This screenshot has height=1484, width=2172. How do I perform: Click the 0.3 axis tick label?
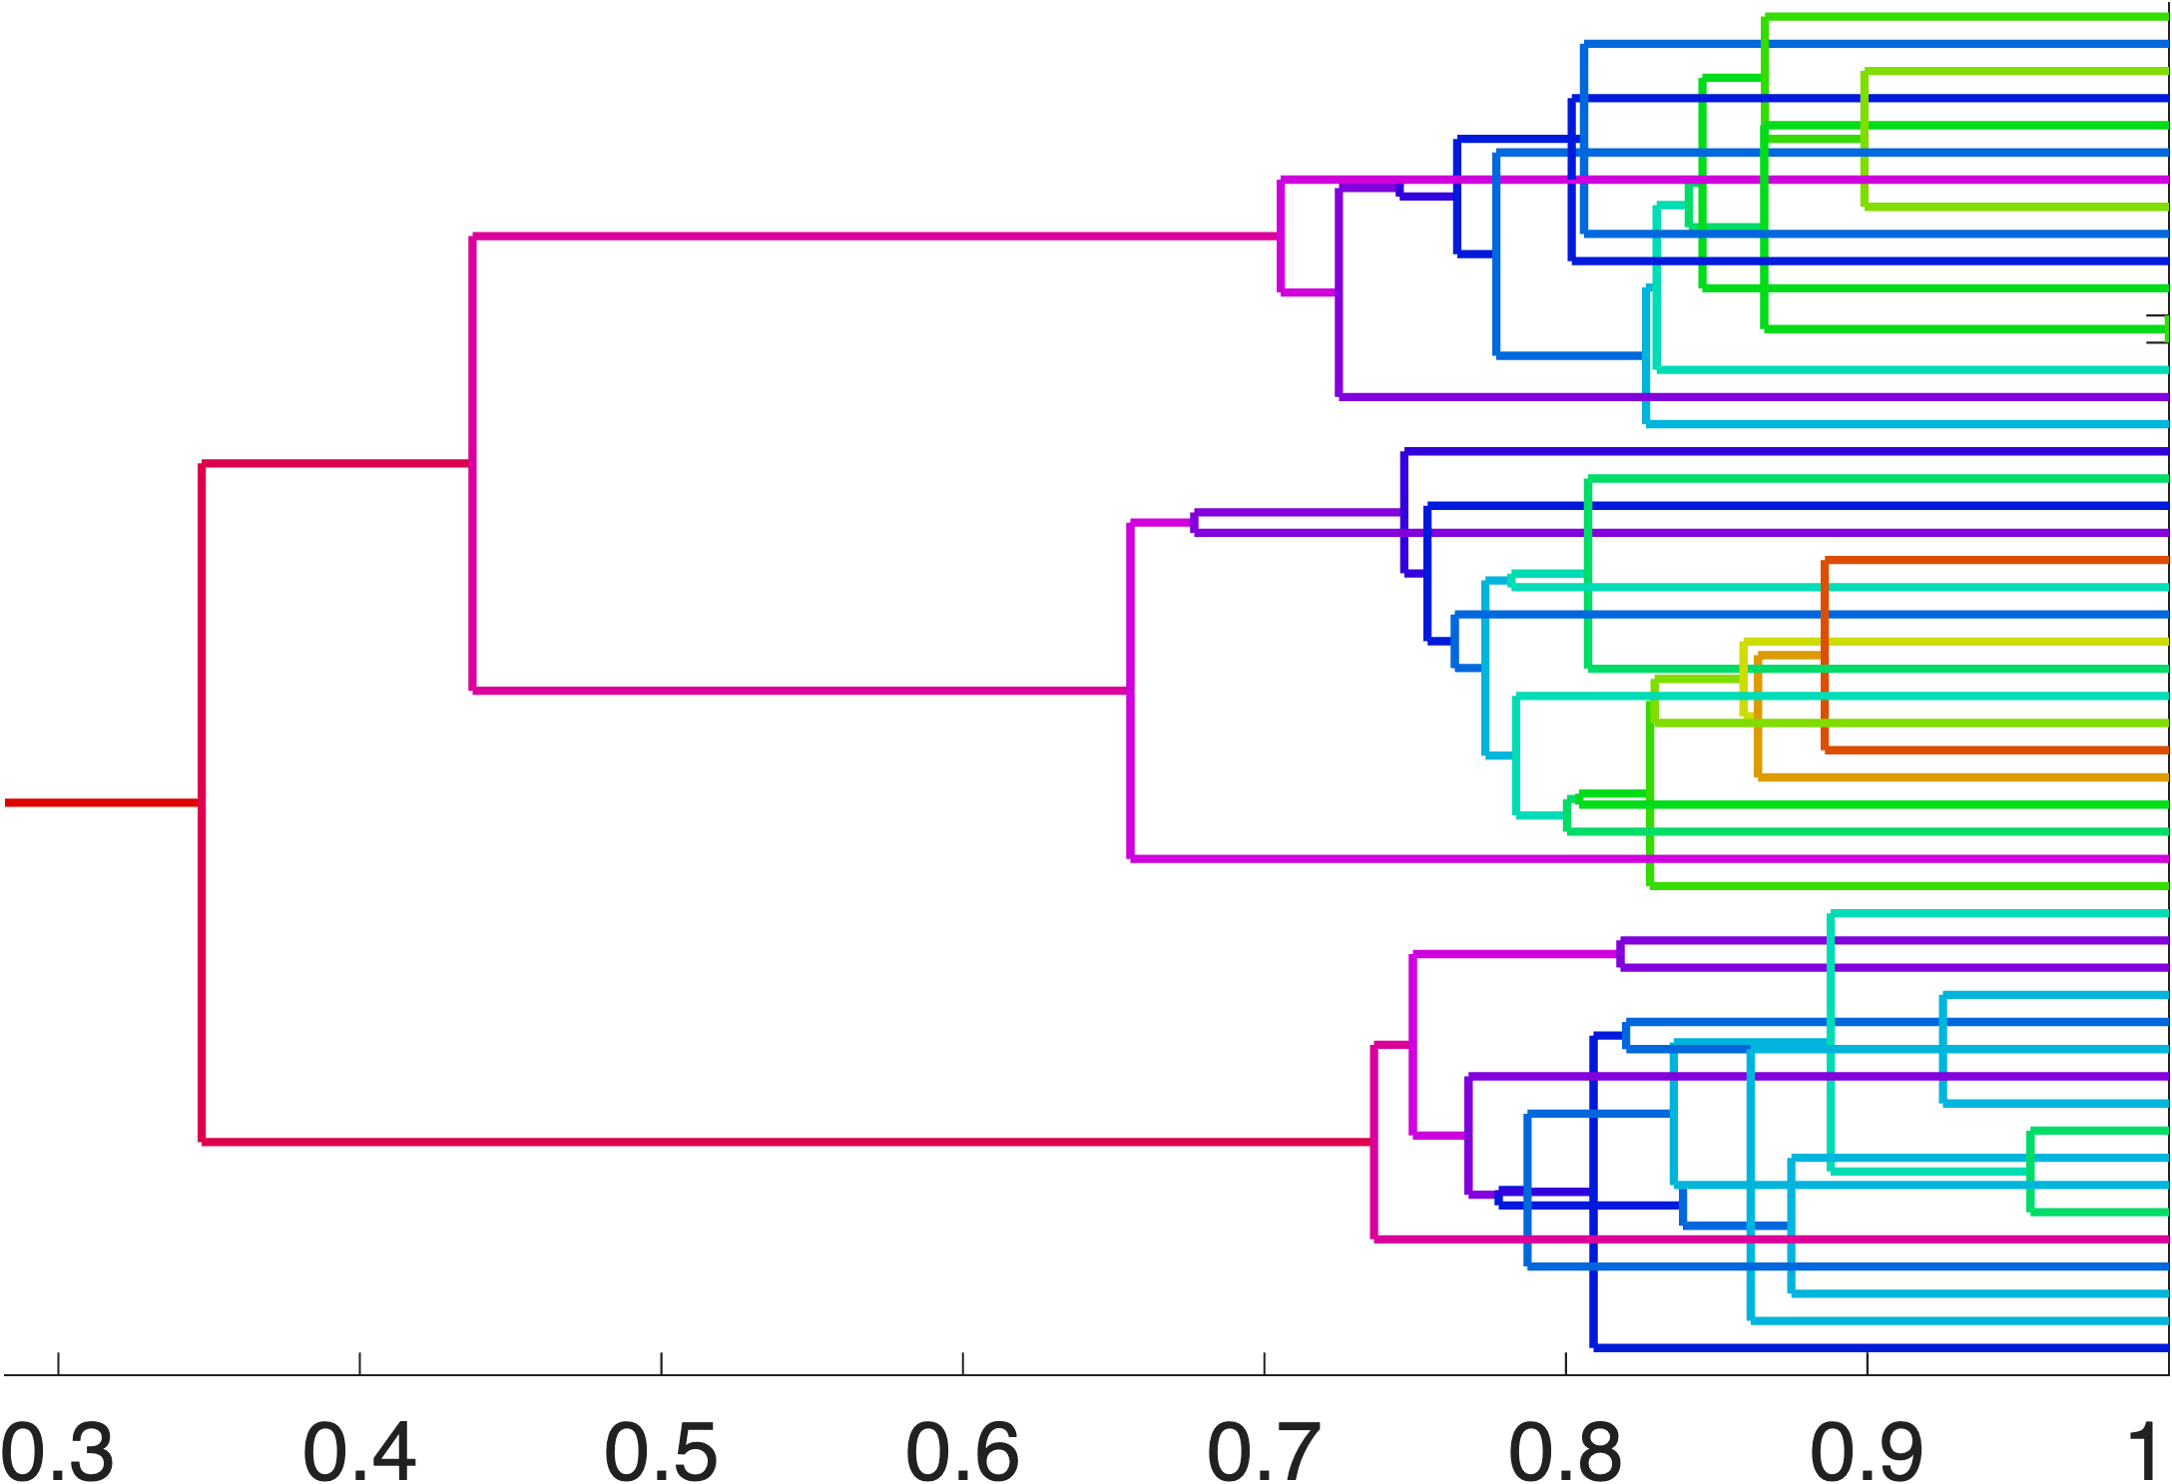58,1452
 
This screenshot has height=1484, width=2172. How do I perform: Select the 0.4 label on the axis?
359,1452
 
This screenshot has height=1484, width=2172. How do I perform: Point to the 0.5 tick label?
661,1452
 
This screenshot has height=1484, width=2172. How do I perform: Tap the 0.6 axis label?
962,1452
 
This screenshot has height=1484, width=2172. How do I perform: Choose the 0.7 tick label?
1264,1452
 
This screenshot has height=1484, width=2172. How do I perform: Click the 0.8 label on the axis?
1565,1452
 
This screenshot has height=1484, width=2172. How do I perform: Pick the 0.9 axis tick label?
1867,1452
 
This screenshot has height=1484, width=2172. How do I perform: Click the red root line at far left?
100,802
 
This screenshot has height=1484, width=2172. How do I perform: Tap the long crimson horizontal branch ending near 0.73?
789,1141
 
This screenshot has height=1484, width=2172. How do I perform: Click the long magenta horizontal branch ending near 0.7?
878,237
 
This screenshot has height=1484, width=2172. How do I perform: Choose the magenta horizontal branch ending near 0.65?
799,690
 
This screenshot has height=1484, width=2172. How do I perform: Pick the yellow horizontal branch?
1956,643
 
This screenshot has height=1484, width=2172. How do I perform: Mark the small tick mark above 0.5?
661,1363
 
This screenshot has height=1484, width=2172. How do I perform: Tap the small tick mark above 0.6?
962,1363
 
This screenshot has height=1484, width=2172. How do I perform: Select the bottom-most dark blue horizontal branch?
1877,1347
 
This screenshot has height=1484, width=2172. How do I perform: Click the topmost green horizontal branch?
1966,17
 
